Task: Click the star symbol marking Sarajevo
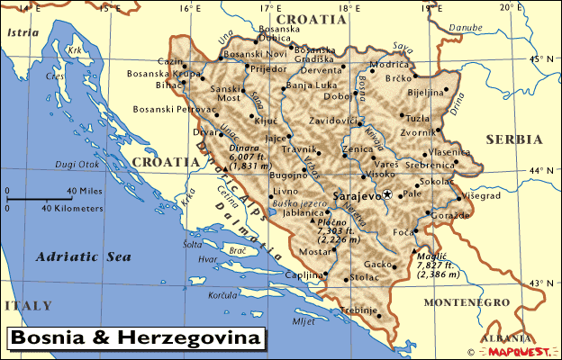pyautogui.click(x=387, y=194)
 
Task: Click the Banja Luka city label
pyautogui.click(x=311, y=85)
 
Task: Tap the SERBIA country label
pyautogui.click(x=514, y=139)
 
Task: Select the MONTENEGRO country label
pyautogui.click(x=460, y=303)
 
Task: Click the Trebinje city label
pyautogui.click(x=358, y=310)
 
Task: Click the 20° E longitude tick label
pyautogui.click(x=512, y=8)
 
